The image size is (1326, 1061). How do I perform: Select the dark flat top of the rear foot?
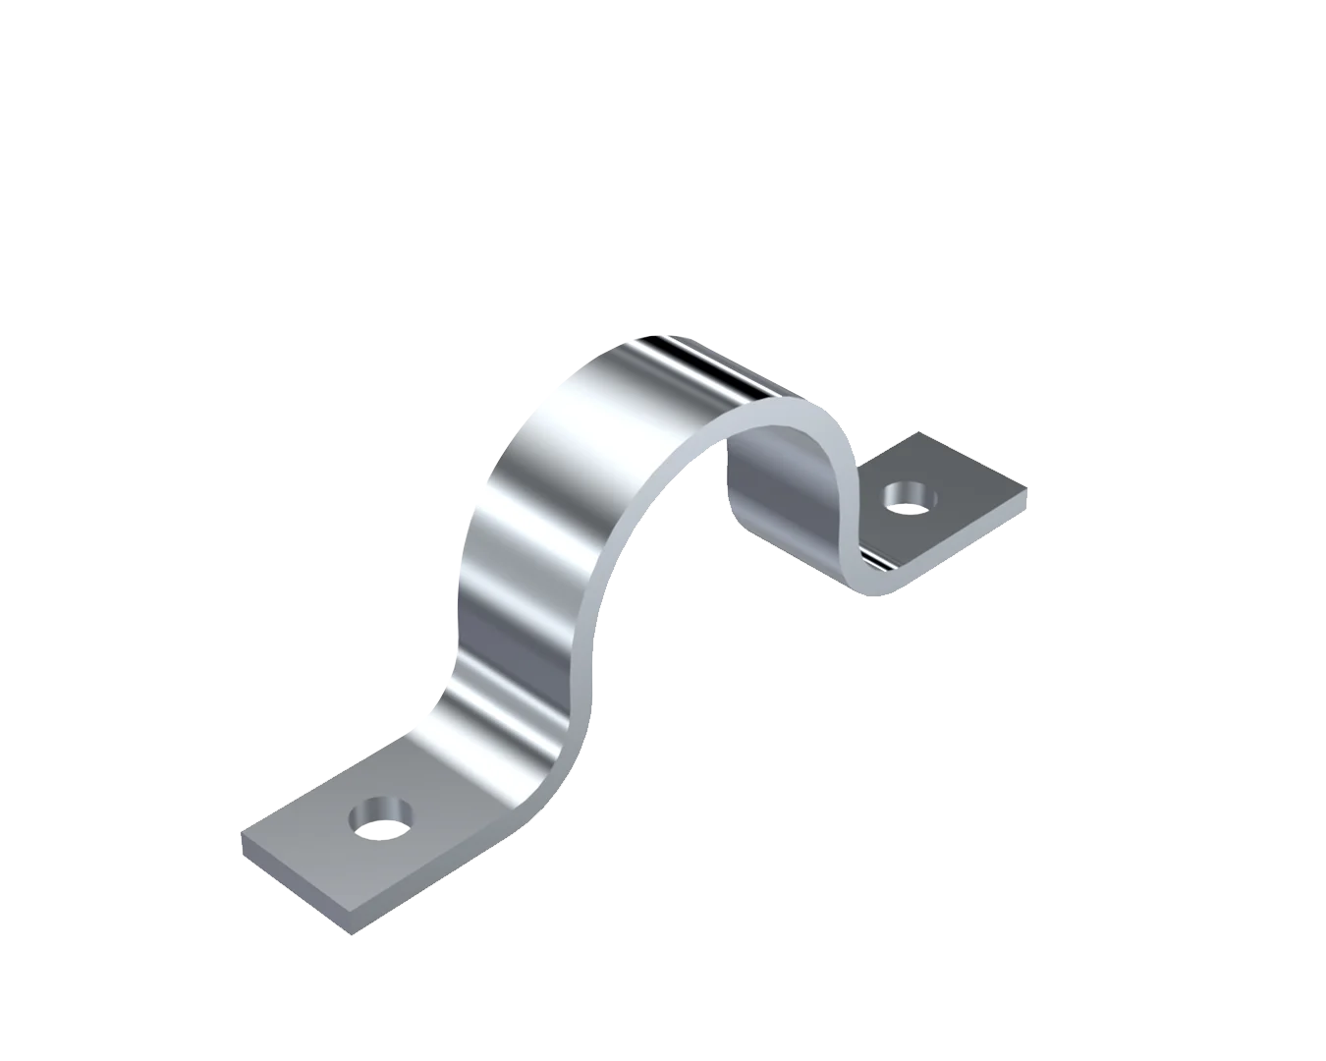coord(967,481)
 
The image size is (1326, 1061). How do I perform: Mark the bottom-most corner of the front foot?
coord(350,933)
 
